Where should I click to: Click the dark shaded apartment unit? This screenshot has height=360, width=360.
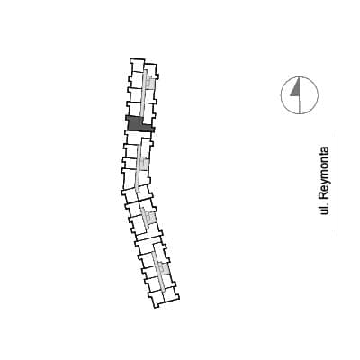click(x=135, y=125)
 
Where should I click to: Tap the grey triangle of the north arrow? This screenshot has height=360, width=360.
click(x=296, y=90)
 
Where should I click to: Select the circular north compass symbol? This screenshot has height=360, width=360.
click(x=300, y=95)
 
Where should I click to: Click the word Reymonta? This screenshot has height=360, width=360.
click(x=325, y=174)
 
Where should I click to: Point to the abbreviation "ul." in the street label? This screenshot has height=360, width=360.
click(x=325, y=210)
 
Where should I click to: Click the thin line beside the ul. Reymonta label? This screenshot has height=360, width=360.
click(x=337, y=184)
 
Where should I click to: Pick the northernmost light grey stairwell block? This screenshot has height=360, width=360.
click(x=150, y=82)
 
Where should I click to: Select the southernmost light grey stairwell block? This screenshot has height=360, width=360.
click(x=165, y=268)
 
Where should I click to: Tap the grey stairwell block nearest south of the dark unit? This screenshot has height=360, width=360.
click(x=145, y=164)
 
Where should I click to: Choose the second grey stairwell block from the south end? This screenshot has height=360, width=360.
click(x=151, y=217)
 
